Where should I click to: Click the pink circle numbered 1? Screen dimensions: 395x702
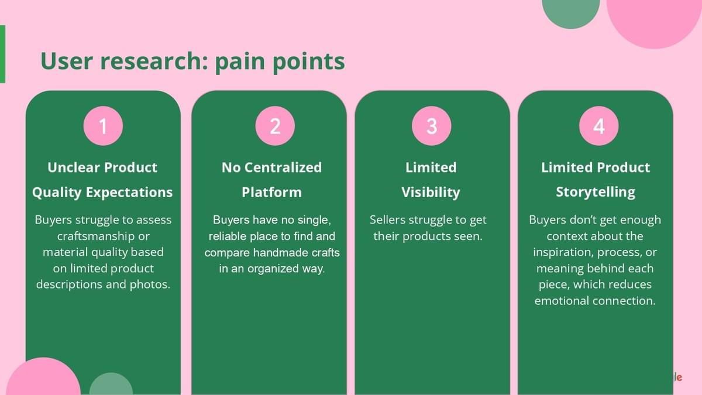[x=103, y=126]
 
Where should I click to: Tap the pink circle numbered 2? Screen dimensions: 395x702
[x=275, y=126]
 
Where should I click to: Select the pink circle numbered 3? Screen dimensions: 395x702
[x=431, y=126]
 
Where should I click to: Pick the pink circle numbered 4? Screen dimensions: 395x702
[x=598, y=126]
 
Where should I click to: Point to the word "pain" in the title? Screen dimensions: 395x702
[x=240, y=61]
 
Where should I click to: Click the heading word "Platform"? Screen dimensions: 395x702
[x=271, y=193]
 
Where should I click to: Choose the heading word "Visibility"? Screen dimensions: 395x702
[x=431, y=193]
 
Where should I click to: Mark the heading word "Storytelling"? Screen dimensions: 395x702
[x=596, y=193]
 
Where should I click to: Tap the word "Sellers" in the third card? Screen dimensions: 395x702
[x=389, y=220]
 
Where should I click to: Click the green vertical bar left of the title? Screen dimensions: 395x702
[x=2, y=54]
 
